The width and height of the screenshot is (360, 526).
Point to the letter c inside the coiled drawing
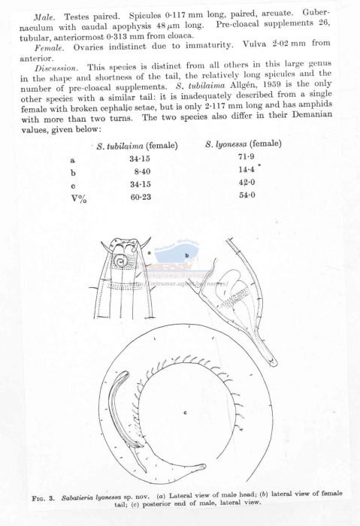pos(185,413)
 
